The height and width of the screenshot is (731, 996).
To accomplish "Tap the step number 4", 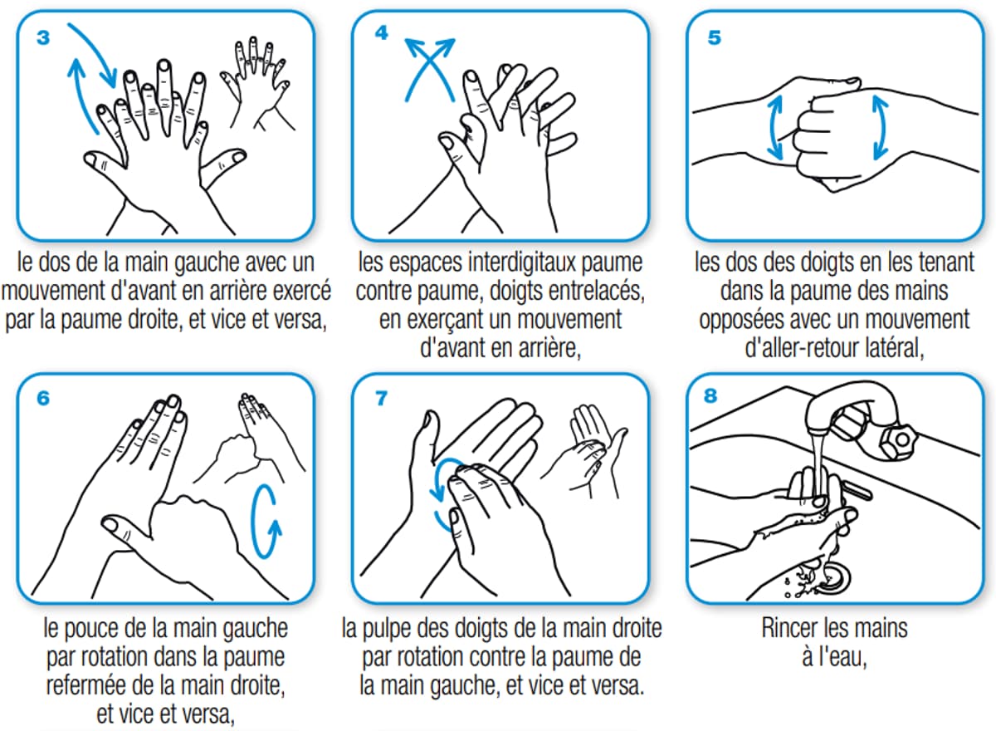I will (x=381, y=33).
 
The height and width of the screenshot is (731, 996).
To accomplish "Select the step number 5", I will (x=715, y=38).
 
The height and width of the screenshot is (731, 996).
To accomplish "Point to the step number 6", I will (x=43, y=399).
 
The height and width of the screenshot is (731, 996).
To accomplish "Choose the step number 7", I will (x=381, y=398).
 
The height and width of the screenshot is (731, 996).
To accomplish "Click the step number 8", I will (x=710, y=396).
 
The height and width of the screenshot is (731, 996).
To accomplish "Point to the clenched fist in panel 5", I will (x=830, y=129).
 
